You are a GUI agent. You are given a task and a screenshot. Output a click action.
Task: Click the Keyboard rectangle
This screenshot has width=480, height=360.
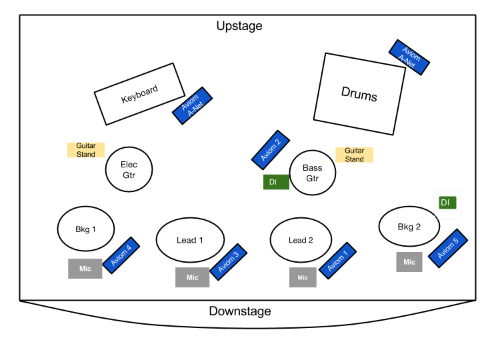coord(139,94)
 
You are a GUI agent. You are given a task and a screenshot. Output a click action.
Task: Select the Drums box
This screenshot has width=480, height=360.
coord(359,93)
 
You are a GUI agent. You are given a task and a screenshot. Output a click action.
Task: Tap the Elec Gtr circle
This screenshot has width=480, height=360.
coord(129,169)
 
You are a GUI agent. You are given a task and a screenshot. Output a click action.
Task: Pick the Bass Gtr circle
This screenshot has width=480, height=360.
coord(312,173)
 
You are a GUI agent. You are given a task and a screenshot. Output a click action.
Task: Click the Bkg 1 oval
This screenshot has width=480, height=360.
coord(85,229)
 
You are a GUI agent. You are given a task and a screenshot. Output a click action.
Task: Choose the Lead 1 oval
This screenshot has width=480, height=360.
coord(190,240)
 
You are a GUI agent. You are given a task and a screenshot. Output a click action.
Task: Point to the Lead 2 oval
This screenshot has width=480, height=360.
coord(301,240)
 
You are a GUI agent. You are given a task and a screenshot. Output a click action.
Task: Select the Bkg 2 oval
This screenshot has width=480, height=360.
coord(409,227)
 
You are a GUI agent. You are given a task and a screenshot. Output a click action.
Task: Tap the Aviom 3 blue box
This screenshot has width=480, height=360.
coord(228,262)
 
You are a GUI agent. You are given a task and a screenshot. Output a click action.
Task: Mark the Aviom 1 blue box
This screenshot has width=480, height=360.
coord(338,261)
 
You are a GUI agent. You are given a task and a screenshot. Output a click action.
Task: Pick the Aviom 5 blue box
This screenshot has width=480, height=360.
coord(447,249)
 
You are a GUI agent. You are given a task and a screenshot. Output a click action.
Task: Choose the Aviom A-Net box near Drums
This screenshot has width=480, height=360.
coord(409,57)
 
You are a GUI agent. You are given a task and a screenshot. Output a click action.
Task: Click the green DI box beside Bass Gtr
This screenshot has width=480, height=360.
coord(276,182)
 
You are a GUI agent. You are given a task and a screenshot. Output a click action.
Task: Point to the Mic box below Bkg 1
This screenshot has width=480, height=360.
coord(85,269)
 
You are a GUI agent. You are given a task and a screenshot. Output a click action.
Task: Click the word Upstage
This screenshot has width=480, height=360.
coord(239,26)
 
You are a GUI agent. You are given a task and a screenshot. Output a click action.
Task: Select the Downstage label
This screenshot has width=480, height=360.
coord(240,311)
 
